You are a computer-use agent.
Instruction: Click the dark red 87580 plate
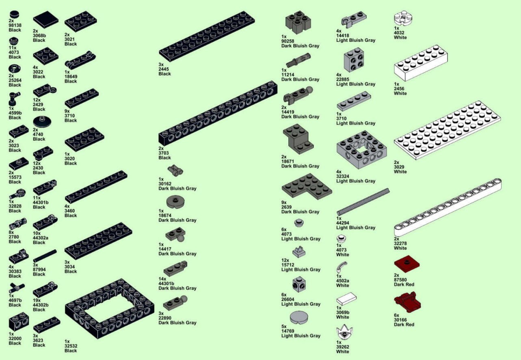coord(406,264)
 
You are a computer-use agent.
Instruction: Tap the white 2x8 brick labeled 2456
coord(421,63)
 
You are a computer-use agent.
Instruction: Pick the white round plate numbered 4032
coord(403,18)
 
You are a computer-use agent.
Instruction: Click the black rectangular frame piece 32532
coord(110,308)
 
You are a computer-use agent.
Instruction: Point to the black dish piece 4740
coord(42,121)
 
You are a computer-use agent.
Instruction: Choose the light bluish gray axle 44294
coord(363,202)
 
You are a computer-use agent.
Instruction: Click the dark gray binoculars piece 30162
coord(175,170)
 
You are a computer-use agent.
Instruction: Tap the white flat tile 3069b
coord(346,299)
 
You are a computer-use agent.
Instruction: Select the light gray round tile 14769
coord(299,317)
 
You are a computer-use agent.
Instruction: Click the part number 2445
coord(164,69)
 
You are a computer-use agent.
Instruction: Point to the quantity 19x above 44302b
coord(37,300)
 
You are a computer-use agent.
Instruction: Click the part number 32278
coord(400,244)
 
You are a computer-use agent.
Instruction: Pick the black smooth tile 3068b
coord(46,19)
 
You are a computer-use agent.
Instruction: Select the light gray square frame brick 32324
coord(362,149)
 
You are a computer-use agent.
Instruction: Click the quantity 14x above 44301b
coord(162,279)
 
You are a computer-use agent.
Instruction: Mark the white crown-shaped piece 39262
coord(344,332)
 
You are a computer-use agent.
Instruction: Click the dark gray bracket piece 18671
coord(298,139)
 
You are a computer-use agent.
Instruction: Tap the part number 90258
coord(288,41)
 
